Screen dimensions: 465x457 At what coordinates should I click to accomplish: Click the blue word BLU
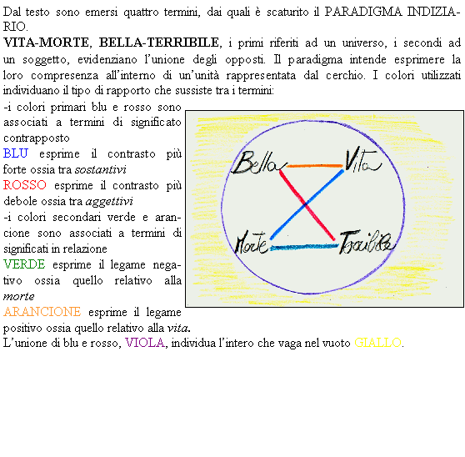[16, 153]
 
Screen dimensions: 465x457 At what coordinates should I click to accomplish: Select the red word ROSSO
[25, 185]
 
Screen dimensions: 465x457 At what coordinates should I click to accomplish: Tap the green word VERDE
[24, 264]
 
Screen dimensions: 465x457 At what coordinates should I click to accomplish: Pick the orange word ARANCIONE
[42, 312]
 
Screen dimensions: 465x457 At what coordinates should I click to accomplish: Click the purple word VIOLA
[145, 343]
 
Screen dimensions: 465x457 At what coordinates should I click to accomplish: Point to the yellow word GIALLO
[377, 343]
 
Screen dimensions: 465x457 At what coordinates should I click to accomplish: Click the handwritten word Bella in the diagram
[258, 163]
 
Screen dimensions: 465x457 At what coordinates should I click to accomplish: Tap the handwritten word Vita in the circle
[363, 159]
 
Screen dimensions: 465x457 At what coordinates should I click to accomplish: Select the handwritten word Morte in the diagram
[251, 243]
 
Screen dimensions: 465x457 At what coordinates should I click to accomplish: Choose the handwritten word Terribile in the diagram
[367, 242]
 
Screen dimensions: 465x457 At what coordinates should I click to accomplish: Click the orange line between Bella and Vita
[314, 166]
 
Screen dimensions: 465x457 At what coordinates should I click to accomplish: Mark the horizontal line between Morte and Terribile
[304, 247]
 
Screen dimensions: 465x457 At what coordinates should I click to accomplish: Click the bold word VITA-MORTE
[46, 43]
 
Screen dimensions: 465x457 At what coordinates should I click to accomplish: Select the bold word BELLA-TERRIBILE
[159, 43]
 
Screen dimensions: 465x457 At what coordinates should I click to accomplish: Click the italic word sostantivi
[101, 169]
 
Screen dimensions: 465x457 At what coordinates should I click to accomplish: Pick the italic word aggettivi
[109, 202]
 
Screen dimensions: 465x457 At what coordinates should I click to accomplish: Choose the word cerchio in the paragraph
[345, 75]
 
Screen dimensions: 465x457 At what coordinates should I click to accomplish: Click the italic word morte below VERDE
[18, 296]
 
